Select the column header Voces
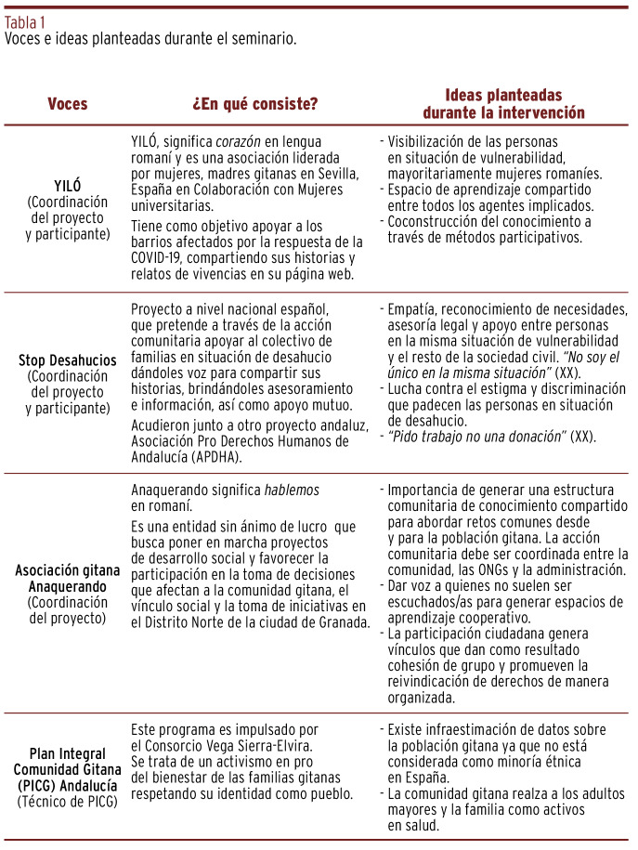click(x=67, y=103)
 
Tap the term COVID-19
click(x=160, y=257)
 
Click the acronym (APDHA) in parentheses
click(x=218, y=454)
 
